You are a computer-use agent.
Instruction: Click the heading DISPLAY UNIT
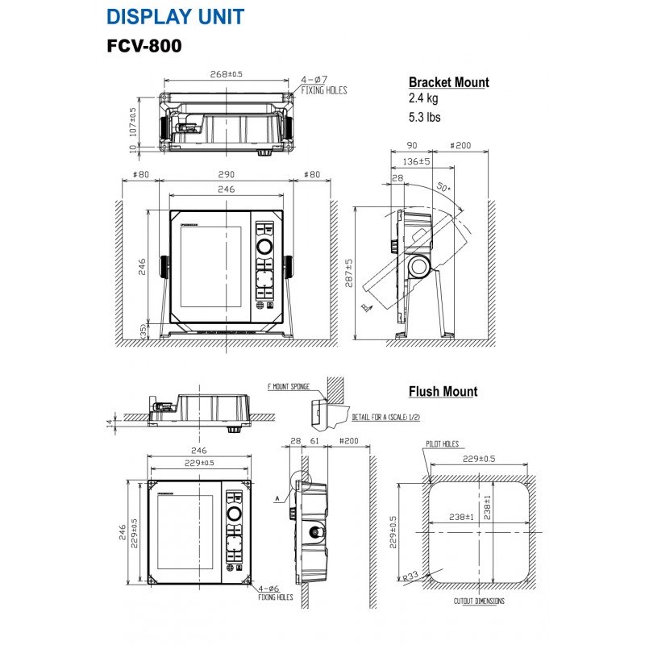175,16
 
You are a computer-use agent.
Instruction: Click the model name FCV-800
144,46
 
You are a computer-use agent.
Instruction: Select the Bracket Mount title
448,82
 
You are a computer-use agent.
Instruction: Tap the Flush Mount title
443,392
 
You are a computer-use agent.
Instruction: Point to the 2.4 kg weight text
423,99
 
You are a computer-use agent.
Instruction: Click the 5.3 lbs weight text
425,117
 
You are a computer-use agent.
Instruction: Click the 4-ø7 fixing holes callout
323,85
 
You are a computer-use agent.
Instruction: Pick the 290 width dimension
226,174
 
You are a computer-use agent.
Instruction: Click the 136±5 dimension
416,161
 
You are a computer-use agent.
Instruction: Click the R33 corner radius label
412,575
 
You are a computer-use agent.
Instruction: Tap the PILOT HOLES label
441,443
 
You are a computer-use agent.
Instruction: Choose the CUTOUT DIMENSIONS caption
478,601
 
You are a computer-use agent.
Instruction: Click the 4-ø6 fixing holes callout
275,593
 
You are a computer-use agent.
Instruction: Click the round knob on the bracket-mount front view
265,247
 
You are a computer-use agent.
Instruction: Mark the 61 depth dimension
314,441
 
